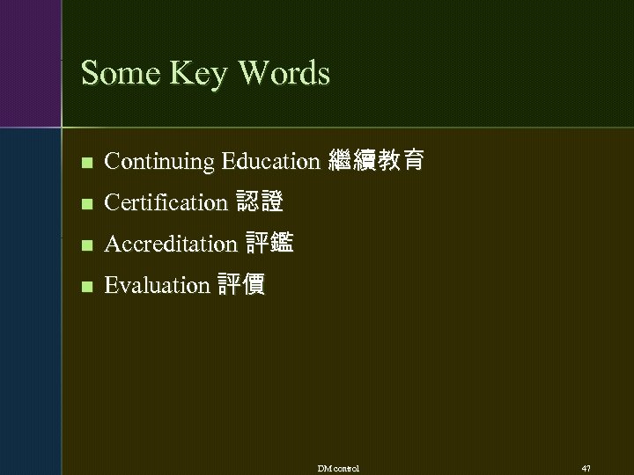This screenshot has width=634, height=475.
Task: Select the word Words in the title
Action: pos(277,73)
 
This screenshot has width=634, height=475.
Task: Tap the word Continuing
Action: pos(159,162)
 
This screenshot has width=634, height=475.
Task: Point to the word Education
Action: pos(270,161)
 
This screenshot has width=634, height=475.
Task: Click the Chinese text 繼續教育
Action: pos(376,161)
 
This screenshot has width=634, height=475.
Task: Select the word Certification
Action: pos(165,202)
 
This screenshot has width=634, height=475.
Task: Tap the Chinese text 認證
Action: pos(260,202)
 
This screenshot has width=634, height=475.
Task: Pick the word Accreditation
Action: pos(170,244)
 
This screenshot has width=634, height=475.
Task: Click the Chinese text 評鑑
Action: pos(270,244)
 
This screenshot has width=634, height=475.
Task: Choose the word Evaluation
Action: pos(156,285)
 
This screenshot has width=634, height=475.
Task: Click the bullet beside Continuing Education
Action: pos(85,163)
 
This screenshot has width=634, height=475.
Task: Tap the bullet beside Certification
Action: pos(85,203)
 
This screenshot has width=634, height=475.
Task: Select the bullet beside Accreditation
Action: pos(85,245)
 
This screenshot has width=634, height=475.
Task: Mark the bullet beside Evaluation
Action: pos(85,286)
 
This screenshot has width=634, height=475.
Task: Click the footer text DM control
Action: pos(339,467)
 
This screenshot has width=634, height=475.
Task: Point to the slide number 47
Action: pos(586,467)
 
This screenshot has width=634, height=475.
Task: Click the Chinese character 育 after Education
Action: pos(413,161)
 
